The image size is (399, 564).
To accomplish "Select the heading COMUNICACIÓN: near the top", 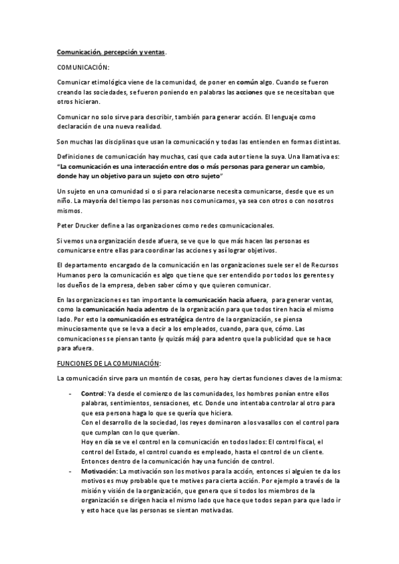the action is (83, 67).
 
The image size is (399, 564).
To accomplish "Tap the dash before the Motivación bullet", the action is (71, 471).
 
